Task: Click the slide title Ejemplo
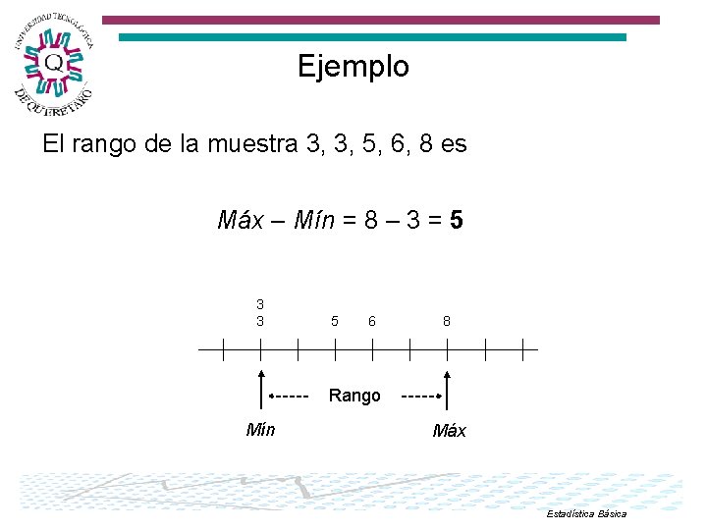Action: (x=353, y=67)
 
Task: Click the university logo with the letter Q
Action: (x=53, y=64)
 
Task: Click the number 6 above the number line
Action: (x=372, y=321)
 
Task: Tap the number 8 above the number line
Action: (x=447, y=321)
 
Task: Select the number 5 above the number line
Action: (x=335, y=321)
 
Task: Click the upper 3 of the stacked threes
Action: (x=260, y=304)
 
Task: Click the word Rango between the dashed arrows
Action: (x=354, y=396)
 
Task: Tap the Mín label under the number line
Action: (x=260, y=429)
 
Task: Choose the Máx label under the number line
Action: (x=449, y=431)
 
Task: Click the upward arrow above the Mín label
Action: (x=261, y=389)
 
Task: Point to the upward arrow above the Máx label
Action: (x=448, y=389)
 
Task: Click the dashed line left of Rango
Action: (x=291, y=397)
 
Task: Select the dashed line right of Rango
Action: (x=418, y=397)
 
